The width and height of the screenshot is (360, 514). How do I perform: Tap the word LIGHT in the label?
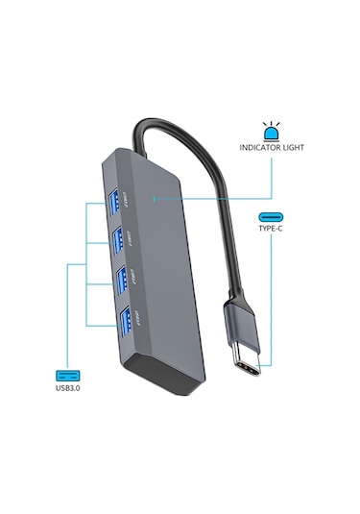(293, 148)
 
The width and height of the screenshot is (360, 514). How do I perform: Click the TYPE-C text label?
(270, 233)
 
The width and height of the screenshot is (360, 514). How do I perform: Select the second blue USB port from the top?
(119, 237)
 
